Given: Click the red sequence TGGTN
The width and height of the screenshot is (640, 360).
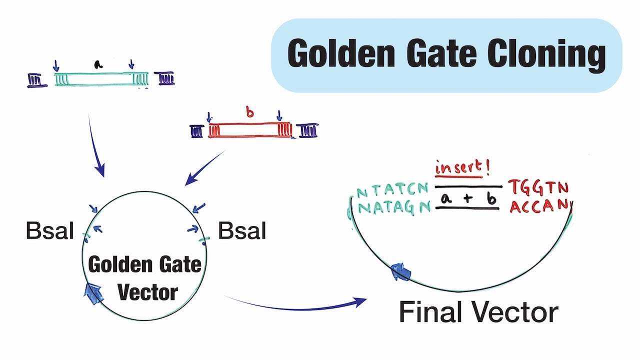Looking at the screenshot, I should click(538, 187).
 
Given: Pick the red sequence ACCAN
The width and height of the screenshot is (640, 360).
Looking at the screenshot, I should click(538, 205).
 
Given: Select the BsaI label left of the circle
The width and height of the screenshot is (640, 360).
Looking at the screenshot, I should click(50, 231).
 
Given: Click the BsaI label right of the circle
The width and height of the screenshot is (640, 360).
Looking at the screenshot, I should click(242, 231).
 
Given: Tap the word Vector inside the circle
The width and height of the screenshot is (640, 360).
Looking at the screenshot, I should click(148, 292).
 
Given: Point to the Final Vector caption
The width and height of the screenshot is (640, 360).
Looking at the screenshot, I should click(478, 313).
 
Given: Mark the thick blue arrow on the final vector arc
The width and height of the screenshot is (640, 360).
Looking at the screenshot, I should click(400, 273).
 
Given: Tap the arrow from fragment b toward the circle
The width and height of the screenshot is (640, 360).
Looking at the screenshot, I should click(205, 168).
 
